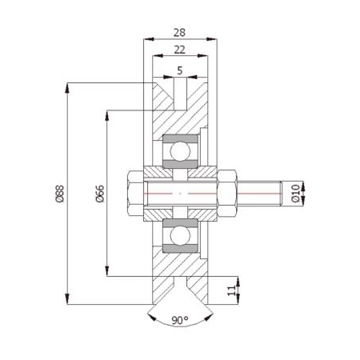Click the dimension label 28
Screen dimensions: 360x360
click(179, 33)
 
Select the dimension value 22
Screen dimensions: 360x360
click(179, 50)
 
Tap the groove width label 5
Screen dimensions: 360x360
click(180, 70)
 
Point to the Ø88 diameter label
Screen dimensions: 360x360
click(60, 194)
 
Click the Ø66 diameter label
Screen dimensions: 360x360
click(100, 194)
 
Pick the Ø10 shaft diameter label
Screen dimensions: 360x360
click(295, 193)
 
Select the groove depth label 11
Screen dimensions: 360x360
click(232, 290)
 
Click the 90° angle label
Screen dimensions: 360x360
click(180, 320)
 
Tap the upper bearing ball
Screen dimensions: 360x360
click(180, 151)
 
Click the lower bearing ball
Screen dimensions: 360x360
click(180, 236)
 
